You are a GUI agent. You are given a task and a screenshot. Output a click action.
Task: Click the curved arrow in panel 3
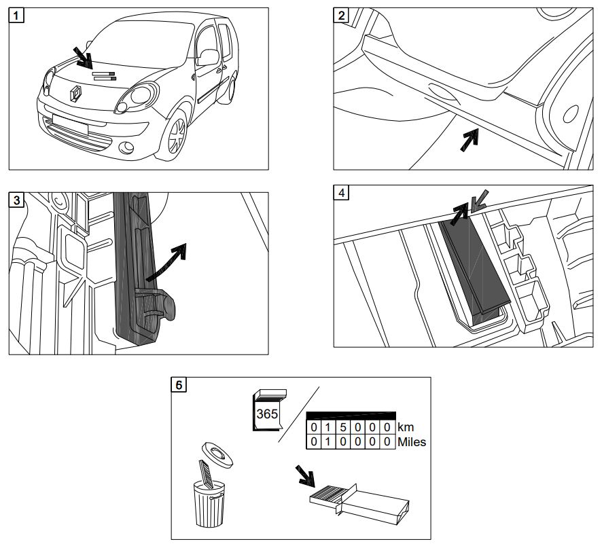[x=168, y=263]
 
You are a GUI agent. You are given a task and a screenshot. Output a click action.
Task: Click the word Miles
[x=412, y=441]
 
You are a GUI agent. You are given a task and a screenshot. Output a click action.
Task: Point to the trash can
[x=209, y=503]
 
